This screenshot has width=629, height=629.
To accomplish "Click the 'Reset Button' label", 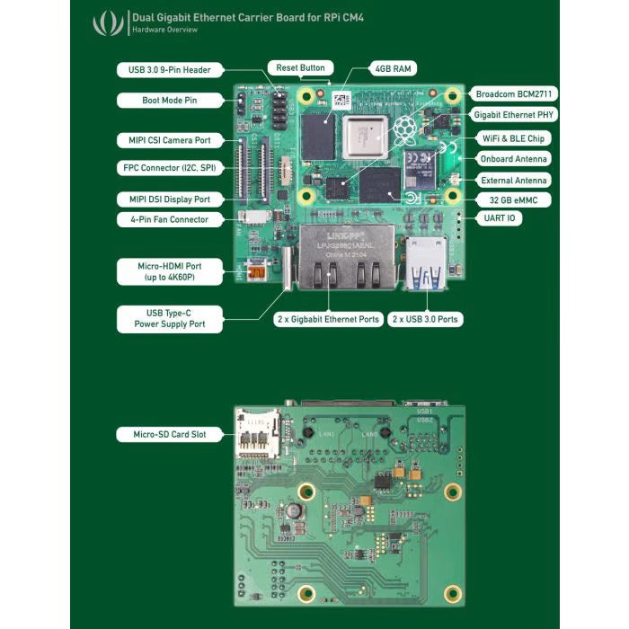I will click(x=301, y=67).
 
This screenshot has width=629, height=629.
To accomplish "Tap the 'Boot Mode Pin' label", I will click(x=169, y=101).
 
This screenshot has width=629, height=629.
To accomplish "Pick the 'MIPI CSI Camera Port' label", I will click(x=169, y=140).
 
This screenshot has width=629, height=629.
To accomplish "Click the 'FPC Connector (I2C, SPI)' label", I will click(x=169, y=168).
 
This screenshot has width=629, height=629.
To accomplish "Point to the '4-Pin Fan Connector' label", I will click(x=169, y=219).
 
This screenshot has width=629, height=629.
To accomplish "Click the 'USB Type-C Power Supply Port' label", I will click(x=169, y=319).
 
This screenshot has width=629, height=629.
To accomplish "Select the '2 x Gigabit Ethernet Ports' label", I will click(x=327, y=319).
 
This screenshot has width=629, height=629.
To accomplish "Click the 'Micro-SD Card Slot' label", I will click(x=169, y=435).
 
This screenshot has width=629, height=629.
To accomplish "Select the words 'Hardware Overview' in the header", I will click(x=164, y=31).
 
